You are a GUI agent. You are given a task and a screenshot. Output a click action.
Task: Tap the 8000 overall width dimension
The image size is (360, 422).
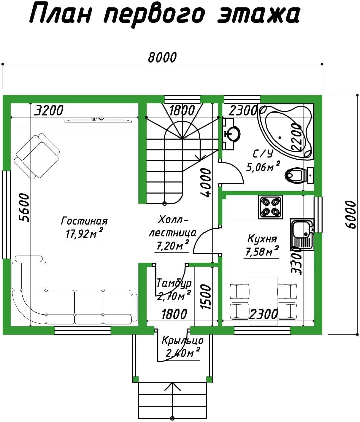tap(162, 57)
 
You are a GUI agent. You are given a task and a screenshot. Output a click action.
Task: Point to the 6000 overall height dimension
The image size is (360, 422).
tap(351, 215)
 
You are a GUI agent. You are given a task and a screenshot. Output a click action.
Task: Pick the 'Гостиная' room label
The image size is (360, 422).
tap(84, 221)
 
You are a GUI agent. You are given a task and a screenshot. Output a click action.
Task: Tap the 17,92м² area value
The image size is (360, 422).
tap(84, 233)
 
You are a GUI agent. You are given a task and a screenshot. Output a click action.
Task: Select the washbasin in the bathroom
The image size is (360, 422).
tap(232, 134)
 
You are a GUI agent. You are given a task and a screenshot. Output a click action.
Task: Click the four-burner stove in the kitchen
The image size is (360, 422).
tap(271, 207)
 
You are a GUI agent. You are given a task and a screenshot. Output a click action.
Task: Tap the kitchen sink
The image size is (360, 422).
tap(302, 235)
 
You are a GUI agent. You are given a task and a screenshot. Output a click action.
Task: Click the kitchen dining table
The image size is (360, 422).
tap(264, 301)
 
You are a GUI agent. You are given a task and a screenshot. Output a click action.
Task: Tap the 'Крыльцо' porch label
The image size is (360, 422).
tap(183, 341)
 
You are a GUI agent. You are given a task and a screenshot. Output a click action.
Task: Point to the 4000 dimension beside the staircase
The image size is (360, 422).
tap(206, 183)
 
